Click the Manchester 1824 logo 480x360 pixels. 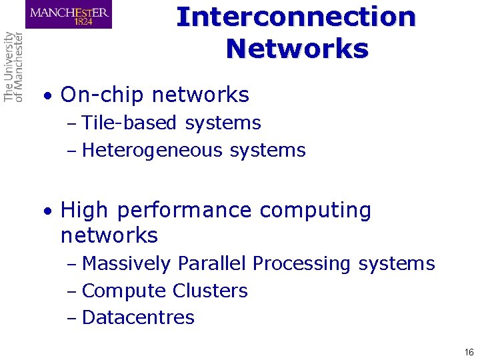69,15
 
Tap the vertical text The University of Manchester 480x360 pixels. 13,67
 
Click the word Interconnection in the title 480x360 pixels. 296,16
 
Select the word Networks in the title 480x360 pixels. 297,48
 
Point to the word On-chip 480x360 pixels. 102,95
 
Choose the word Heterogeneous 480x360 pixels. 153,151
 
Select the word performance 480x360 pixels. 183,211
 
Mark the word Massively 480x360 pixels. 126,264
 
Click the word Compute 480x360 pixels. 124,291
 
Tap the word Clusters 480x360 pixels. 210,291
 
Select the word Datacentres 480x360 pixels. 138,318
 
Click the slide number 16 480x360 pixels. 469,352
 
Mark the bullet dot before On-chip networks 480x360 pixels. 47,97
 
